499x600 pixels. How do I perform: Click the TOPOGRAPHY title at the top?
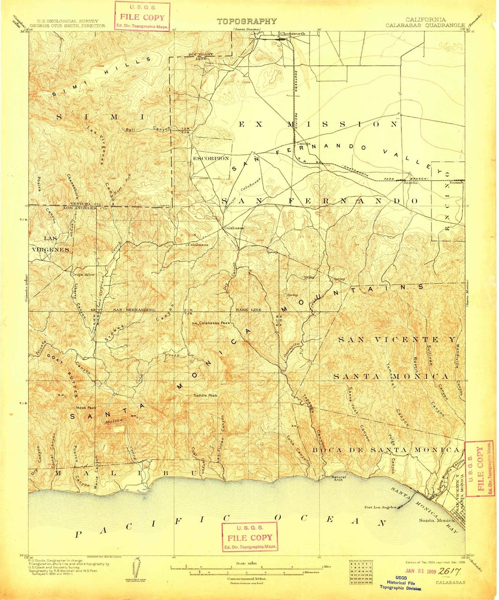click(247, 22)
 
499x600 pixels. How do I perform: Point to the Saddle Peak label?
click(205, 396)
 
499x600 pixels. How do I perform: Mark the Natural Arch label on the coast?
click(339, 479)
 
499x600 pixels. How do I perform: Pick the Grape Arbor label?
click(83, 275)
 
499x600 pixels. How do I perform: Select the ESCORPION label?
click(211, 158)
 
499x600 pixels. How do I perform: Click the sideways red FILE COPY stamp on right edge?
click(479, 469)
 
